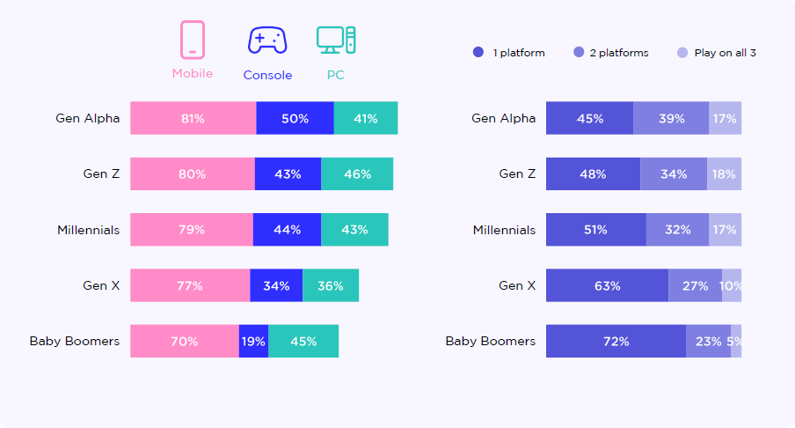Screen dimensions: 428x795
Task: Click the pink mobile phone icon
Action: coord(193,41)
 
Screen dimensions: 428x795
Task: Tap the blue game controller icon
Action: coord(267,41)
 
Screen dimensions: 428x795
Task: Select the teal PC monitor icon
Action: coord(336,41)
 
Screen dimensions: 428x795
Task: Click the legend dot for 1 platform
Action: coord(478,53)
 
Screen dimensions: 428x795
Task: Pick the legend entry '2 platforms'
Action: coord(618,53)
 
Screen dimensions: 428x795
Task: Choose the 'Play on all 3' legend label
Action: coord(725,53)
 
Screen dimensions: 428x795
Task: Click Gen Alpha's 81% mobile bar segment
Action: coord(193,118)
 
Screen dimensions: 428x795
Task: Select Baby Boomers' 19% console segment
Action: coord(253,341)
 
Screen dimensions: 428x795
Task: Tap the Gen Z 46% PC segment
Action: coord(357,174)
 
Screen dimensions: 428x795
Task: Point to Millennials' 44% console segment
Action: coord(287,230)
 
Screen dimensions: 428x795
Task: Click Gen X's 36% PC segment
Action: coord(331,285)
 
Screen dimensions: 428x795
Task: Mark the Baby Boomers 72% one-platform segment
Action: coord(616,341)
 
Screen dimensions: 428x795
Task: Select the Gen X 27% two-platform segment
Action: coord(695,285)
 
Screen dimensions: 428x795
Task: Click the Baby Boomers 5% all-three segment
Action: coord(736,341)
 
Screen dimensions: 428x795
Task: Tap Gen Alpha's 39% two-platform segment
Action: coord(671,118)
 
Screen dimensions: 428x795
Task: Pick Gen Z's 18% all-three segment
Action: coord(724,174)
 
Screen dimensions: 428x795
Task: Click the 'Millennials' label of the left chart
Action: coord(88,230)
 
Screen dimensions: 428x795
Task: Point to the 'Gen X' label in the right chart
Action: coord(517,285)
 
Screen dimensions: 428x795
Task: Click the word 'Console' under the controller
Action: coord(267,76)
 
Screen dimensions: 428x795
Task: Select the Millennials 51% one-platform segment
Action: coord(595,230)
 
